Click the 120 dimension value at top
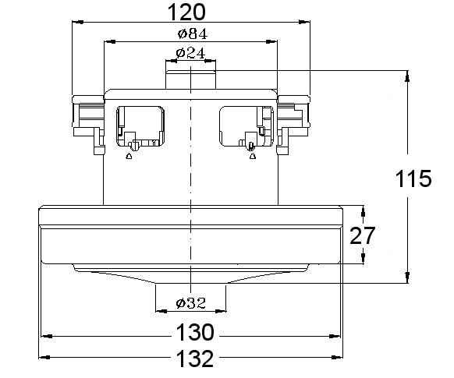click(186, 12)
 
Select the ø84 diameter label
click(193, 34)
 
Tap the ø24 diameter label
click(190, 53)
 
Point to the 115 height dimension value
click(413, 178)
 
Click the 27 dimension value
click(362, 235)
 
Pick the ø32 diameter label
click(191, 303)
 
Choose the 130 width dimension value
click(195, 332)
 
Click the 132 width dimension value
click(195, 359)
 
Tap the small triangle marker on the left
click(129, 156)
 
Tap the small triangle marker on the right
click(253, 156)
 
